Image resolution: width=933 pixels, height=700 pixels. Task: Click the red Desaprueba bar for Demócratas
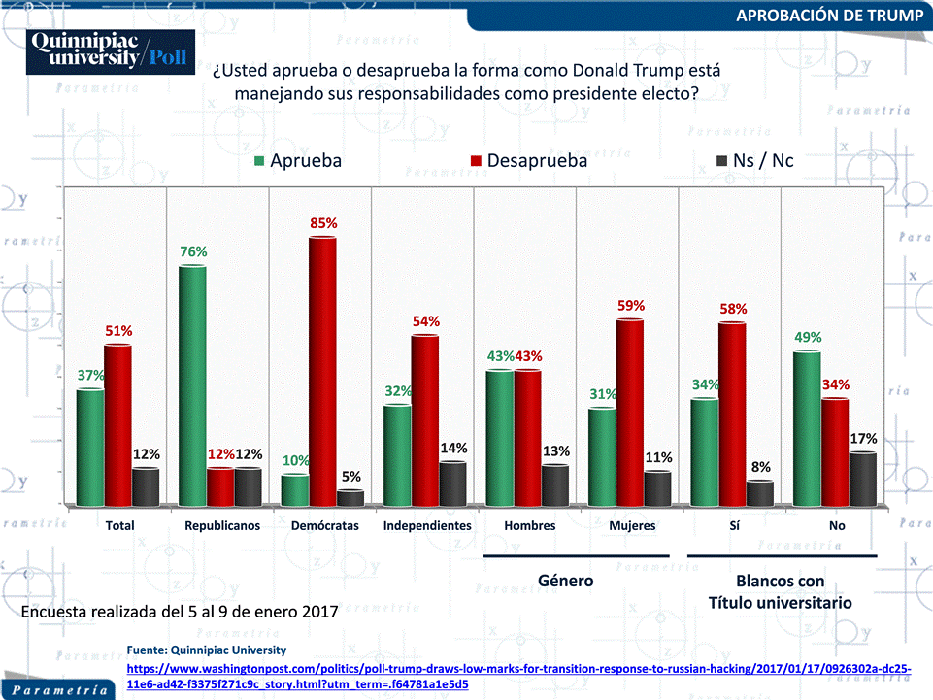tap(322, 372)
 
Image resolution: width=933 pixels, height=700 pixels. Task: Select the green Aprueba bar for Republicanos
tap(193, 385)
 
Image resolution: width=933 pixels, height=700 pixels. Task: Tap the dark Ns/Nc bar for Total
tap(146, 487)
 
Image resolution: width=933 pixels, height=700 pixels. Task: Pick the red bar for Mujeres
tap(629, 413)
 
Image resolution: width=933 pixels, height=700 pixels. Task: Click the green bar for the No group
tap(807, 428)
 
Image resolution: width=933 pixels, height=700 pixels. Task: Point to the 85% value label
tap(323, 223)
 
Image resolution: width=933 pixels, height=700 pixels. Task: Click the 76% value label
tap(193, 251)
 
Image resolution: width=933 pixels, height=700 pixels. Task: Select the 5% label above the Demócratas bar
tap(351, 477)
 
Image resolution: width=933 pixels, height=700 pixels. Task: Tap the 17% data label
tap(863, 439)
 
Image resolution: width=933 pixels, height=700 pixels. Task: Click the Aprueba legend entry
tap(298, 161)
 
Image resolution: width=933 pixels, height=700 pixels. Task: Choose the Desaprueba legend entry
tap(529, 161)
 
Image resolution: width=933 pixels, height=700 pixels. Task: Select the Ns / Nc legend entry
tap(755, 161)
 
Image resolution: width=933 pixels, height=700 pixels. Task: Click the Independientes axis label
tap(427, 525)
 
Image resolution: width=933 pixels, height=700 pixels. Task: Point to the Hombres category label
tap(529, 525)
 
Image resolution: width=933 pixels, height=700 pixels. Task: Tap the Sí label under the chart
tap(735, 525)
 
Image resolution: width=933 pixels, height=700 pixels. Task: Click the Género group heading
tap(565, 581)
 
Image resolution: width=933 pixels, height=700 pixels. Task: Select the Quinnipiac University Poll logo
tap(111, 51)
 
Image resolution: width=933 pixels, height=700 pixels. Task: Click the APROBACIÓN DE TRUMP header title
tap(829, 16)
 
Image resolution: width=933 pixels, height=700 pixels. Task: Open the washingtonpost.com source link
tap(518, 677)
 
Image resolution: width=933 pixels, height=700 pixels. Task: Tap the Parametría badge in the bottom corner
tap(59, 690)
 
